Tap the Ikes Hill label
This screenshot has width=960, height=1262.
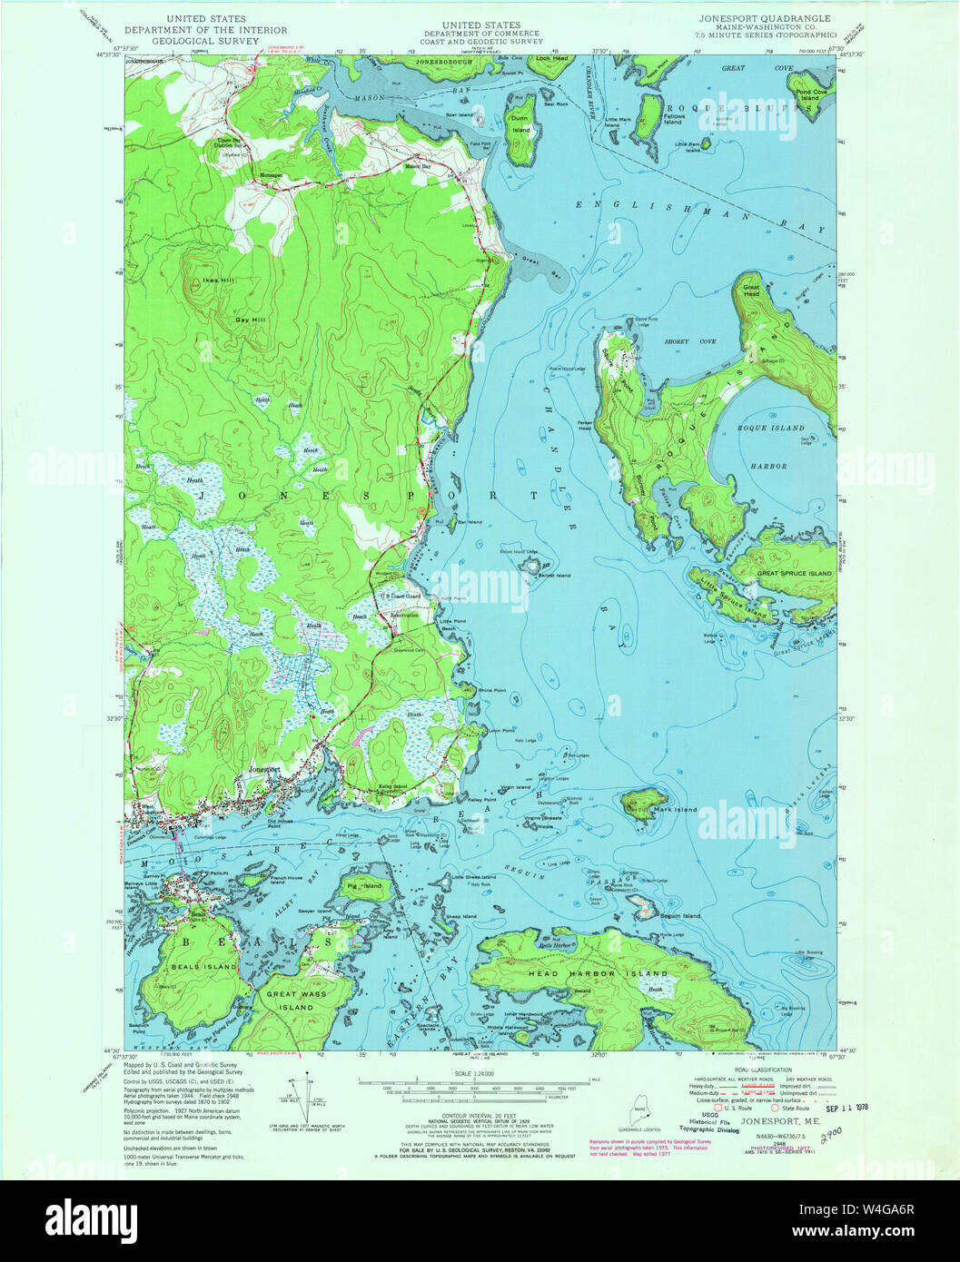[x=219, y=281]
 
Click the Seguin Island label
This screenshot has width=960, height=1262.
[x=678, y=916]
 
